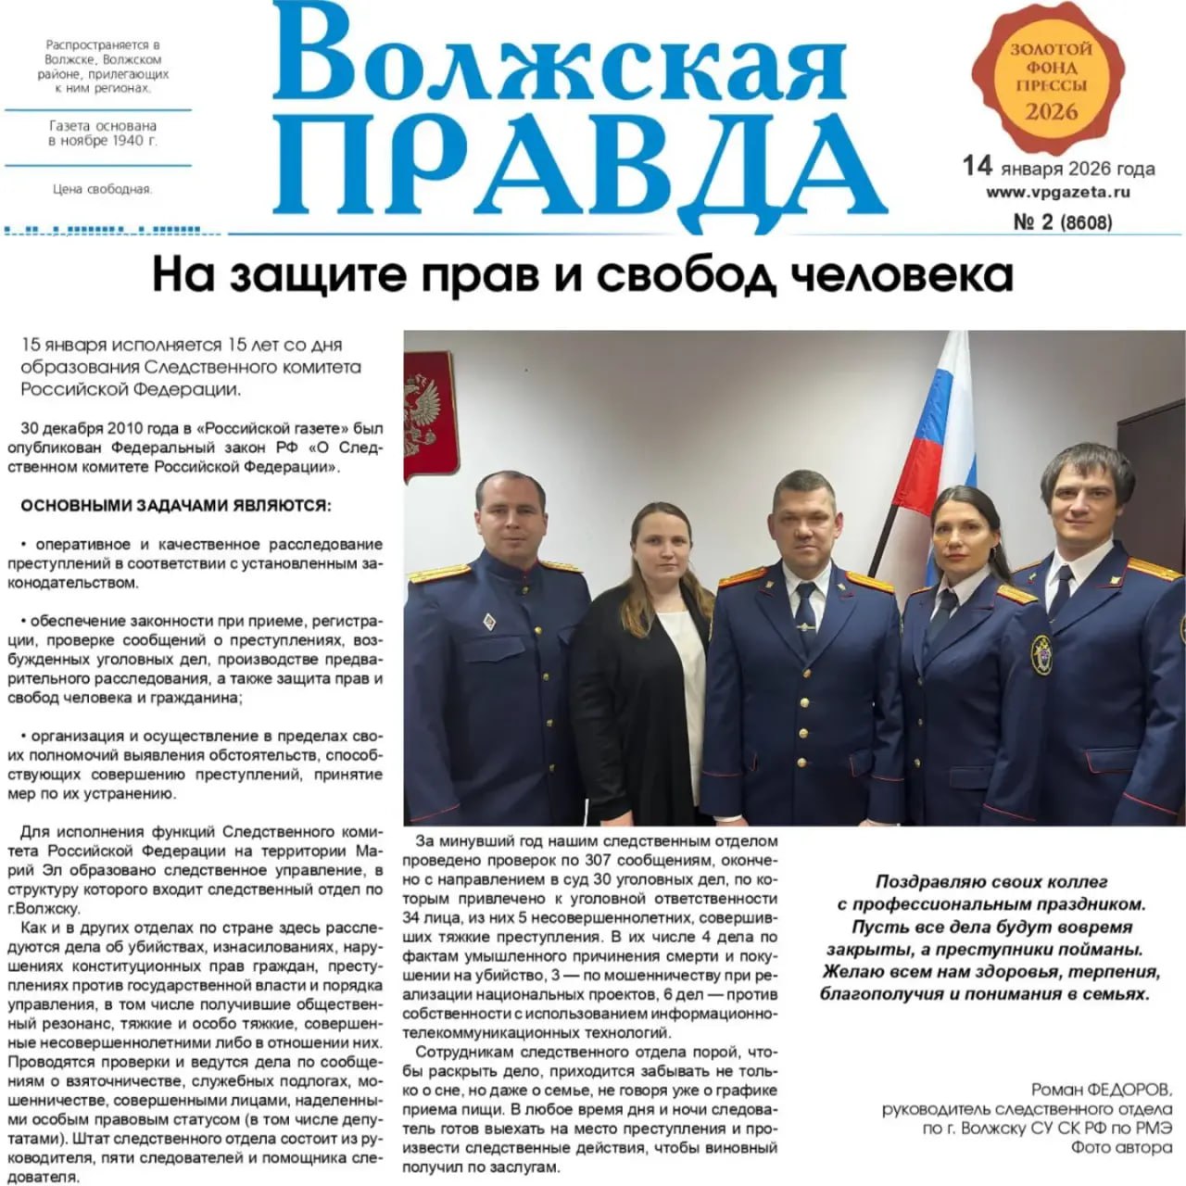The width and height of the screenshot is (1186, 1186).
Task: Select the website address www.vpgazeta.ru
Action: coord(1058,193)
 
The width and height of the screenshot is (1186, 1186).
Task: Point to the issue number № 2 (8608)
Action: coord(1063,221)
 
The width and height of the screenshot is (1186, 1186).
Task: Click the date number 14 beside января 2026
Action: coord(977,167)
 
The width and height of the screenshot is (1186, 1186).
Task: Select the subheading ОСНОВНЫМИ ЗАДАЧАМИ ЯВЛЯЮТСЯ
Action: coord(174,506)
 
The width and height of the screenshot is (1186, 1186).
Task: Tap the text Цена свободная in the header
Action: coord(102,190)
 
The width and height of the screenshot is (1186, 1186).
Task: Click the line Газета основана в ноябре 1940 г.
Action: coord(102,133)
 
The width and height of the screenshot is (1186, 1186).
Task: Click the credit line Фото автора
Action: coord(1121,1146)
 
